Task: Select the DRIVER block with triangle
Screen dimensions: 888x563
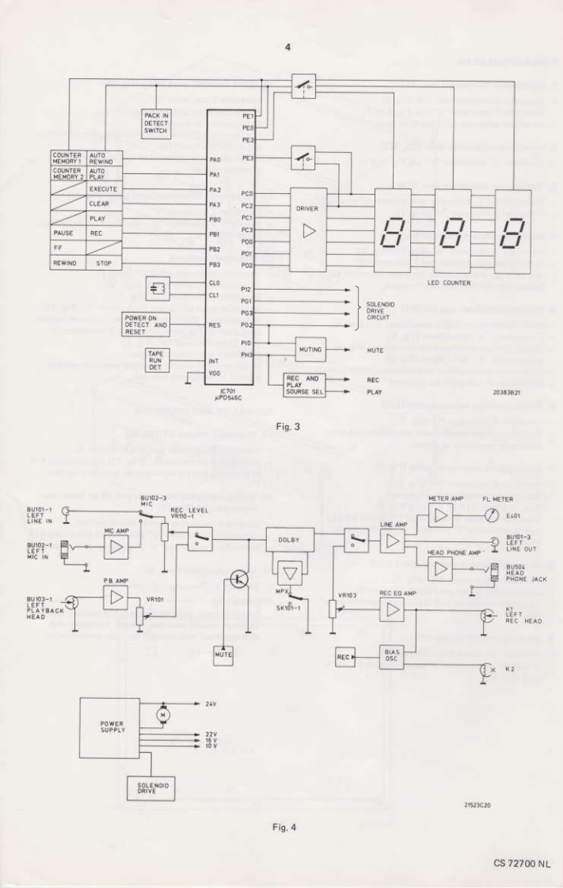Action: (x=308, y=229)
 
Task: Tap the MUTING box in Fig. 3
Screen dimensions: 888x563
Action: (x=310, y=347)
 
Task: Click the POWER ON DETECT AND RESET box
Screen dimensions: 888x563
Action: (x=146, y=324)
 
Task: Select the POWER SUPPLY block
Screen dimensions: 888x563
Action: (x=112, y=727)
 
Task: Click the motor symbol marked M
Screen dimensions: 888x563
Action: (x=164, y=715)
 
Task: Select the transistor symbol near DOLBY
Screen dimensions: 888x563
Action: (x=237, y=580)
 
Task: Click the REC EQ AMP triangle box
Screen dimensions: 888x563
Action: (x=394, y=609)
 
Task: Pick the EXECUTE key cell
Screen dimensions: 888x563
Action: (x=104, y=190)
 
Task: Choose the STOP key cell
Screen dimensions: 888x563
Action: (x=104, y=263)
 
